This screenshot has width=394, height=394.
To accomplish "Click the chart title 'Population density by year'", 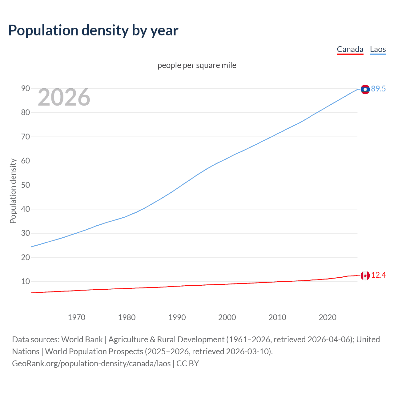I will point(93,30).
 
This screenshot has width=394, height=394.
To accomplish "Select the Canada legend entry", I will point(350,49).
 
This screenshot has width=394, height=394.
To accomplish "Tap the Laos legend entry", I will point(378,49).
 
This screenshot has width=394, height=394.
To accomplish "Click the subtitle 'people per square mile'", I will point(197,65).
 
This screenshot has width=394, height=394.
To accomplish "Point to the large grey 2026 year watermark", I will point(64,97).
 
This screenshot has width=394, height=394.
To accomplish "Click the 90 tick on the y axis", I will point(26,89).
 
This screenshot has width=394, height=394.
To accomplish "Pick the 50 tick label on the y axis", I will point(26,185).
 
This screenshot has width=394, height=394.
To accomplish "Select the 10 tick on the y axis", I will point(26,281).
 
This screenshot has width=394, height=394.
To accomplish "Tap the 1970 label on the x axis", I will point(77,317).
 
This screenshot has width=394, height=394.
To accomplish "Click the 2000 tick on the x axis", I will point(227,317).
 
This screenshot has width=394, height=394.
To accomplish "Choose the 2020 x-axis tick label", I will point(328,317).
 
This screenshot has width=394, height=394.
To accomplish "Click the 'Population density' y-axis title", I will point(13,191).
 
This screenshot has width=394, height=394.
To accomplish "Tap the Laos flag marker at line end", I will point(365,89).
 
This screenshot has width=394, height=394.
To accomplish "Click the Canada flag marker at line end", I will point(365,275).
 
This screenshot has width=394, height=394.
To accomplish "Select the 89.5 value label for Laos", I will point(378,89).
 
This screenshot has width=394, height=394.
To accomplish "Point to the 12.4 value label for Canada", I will point(378,275).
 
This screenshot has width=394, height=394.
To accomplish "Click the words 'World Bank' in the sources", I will point(82,340).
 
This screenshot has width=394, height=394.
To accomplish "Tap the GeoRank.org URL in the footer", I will point(91,364).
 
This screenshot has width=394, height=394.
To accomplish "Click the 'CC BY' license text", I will point(187,364).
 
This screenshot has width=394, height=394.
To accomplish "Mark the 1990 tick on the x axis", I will point(177,317).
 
